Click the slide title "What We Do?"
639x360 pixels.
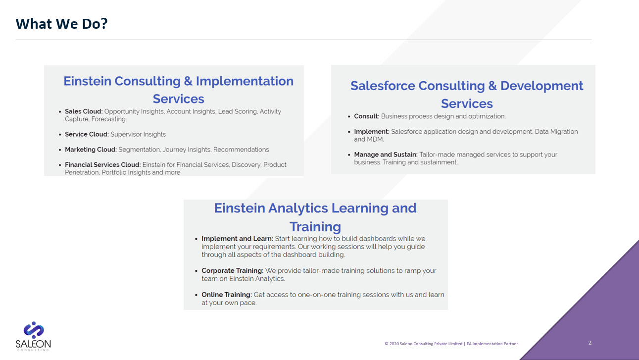(61, 24)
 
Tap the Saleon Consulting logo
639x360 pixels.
(33, 336)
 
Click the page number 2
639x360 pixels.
(590, 343)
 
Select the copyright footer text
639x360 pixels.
(451, 344)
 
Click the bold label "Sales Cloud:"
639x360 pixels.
(84, 111)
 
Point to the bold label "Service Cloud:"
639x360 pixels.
(87, 134)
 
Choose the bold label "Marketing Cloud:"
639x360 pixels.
(91, 150)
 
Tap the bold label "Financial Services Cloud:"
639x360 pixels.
(102, 165)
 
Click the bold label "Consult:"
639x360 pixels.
(367, 116)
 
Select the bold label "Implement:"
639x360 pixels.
(371, 132)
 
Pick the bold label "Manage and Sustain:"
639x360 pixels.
(386, 154)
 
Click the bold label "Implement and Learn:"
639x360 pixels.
(238, 239)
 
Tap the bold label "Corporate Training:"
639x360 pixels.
(233, 271)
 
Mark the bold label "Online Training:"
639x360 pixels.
(227, 295)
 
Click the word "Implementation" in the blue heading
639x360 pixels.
(245, 81)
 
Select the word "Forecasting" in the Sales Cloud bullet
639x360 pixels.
(108, 119)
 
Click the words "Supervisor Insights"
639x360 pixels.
(138, 134)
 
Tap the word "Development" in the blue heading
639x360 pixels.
(541, 86)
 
